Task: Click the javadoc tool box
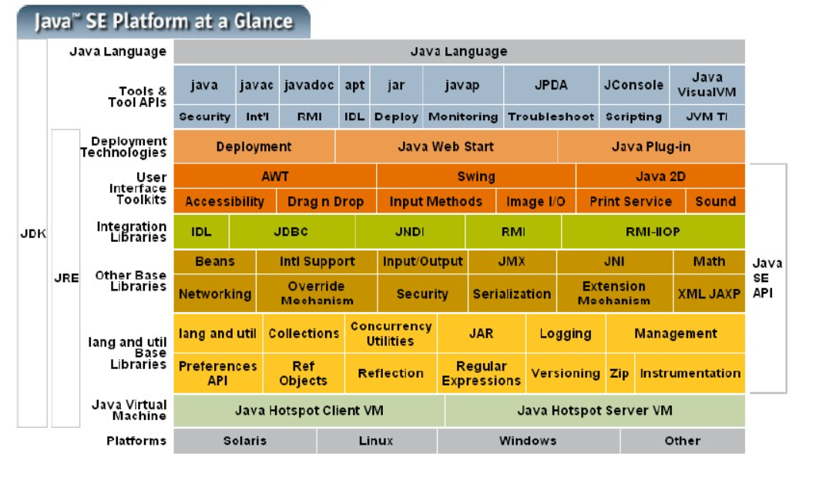tap(308, 86)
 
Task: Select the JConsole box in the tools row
tap(633, 86)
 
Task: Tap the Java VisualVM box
tap(707, 86)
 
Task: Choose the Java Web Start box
tap(445, 146)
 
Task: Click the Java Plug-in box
tap(651, 146)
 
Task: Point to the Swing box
tap(475, 176)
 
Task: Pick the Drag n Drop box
tap(325, 202)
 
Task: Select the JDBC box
tap(291, 231)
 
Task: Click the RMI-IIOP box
tap(653, 231)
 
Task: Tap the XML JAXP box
tap(709, 294)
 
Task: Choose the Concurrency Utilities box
tap(391, 334)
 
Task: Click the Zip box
tap(619, 374)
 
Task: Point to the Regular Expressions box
tap(481, 374)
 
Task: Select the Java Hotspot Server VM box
tap(594, 411)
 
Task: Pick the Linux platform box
tap(376, 441)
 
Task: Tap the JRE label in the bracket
tap(66, 278)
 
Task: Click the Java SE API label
tap(767, 278)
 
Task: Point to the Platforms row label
tap(136, 441)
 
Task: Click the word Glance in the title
tap(264, 21)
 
